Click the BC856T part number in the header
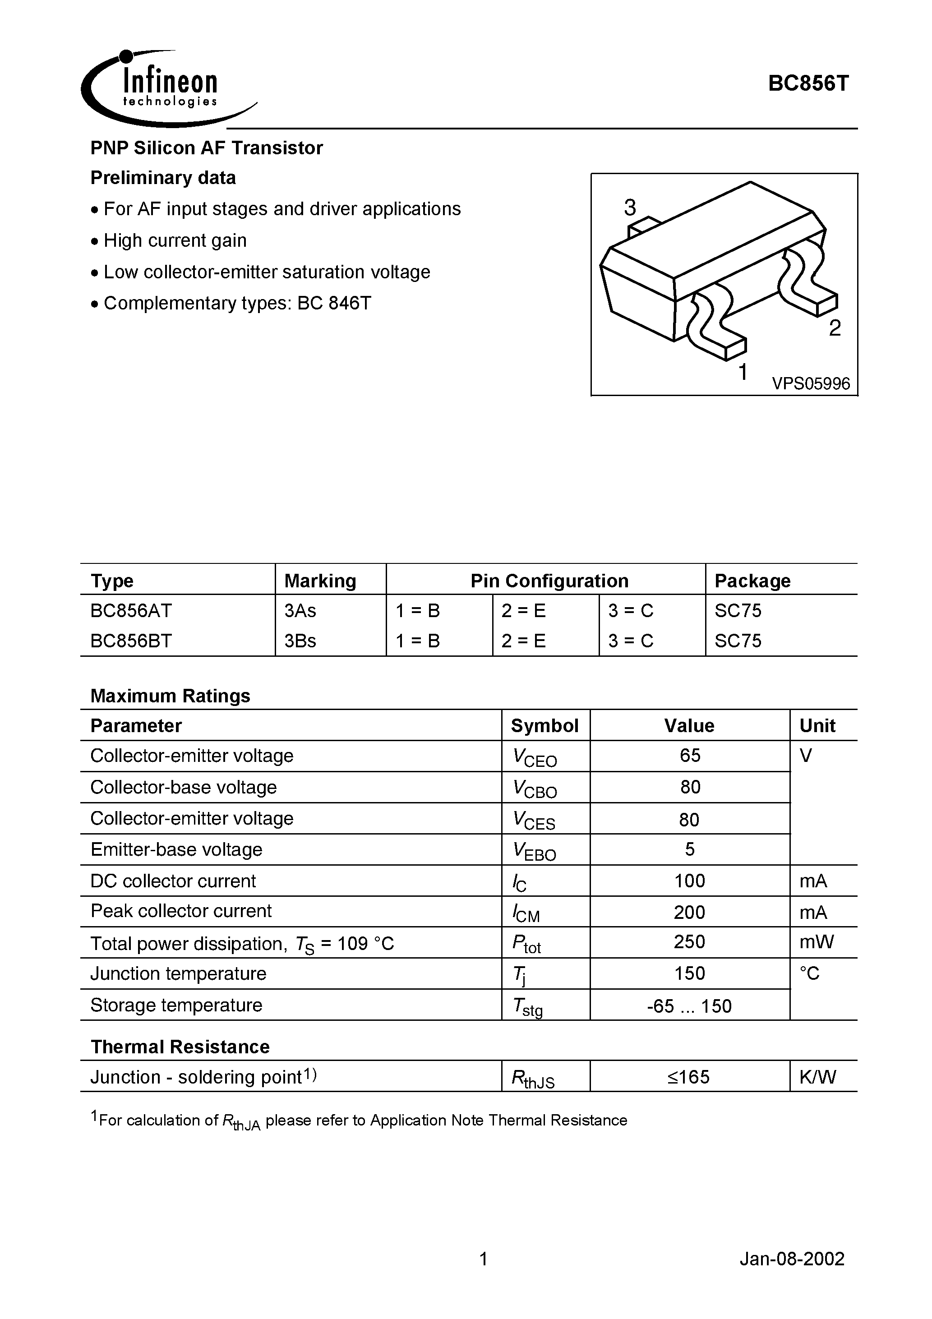(x=807, y=84)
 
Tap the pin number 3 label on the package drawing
(x=630, y=208)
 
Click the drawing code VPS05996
(x=810, y=383)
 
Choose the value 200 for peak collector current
(x=689, y=912)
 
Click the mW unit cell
(x=816, y=942)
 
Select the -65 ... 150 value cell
(x=689, y=1006)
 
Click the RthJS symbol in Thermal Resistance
(x=533, y=1078)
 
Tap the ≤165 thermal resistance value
(x=688, y=1077)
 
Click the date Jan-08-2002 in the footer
(x=791, y=1259)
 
